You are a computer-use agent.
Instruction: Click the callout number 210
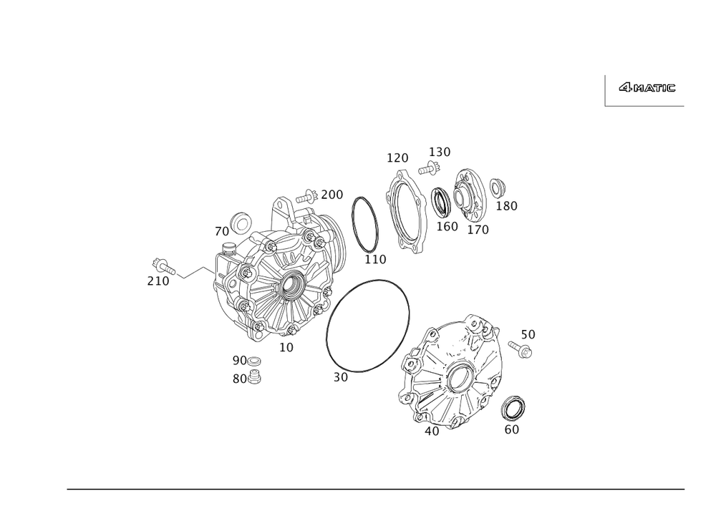coord(158,281)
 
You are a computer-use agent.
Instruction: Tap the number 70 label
coord(221,232)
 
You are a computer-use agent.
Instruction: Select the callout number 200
coord(332,194)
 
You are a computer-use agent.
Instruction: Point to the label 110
coord(374,258)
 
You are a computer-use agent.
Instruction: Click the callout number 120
coord(397,157)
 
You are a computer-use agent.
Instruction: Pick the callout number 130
coord(440,152)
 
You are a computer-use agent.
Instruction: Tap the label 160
coord(447,227)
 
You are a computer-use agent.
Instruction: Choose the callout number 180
coord(507,206)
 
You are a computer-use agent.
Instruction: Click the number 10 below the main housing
coord(286,347)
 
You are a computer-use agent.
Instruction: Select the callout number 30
coord(341,376)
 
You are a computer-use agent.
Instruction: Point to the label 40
coord(431,431)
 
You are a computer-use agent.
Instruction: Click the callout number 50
coord(528,334)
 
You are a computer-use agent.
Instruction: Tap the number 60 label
coord(512,429)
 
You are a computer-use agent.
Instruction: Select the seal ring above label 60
coord(514,407)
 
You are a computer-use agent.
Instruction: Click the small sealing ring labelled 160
coord(440,202)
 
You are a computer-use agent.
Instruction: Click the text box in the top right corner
coord(645,90)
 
